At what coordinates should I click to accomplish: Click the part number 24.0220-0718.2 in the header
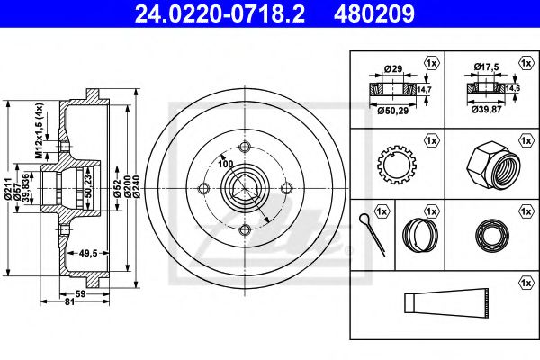pos(220,13)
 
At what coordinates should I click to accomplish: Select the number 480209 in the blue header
pos(374,13)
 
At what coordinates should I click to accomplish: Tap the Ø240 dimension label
pos(137,186)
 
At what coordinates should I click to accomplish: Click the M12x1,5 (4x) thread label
pos(40,130)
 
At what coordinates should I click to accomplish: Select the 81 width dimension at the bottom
pos(70,301)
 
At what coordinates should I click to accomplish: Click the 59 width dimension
pos(80,294)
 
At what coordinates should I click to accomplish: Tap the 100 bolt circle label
pos(225,164)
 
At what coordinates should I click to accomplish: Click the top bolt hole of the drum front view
pos(244,147)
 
